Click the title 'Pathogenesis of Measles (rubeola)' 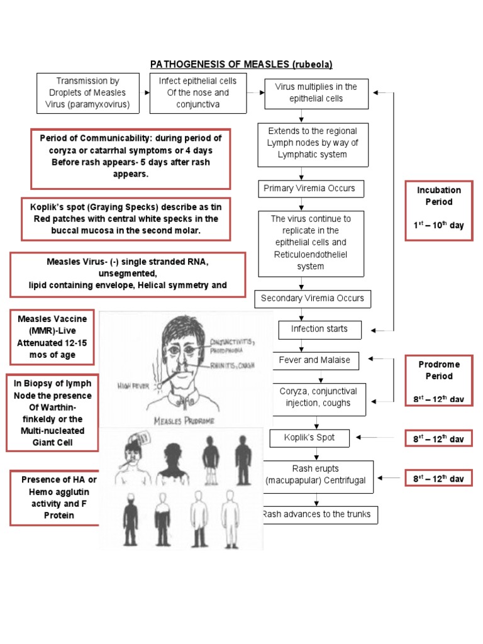pyautogui.click(x=241, y=64)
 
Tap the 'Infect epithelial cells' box pyautogui.click(x=198, y=92)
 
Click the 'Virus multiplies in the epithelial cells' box pyautogui.click(x=316, y=93)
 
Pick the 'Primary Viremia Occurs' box pyautogui.click(x=309, y=188)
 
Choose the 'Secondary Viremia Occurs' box pyautogui.click(x=313, y=299)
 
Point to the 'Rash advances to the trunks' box pyautogui.click(x=316, y=514)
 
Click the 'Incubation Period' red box pyautogui.click(x=438, y=208)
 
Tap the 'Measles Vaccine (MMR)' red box pyautogui.click(x=53, y=337)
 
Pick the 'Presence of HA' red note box pyautogui.click(x=53, y=497)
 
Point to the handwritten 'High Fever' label pyautogui.click(x=133, y=386)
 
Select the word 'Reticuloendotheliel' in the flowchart pyautogui.click(x=311, y=254)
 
